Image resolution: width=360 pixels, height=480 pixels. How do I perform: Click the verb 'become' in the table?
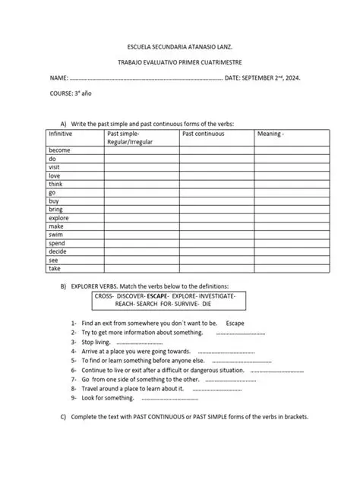pos(59,150)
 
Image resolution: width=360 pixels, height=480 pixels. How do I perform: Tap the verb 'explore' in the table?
pos(58,218)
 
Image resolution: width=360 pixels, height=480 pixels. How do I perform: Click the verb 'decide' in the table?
pos(58,251)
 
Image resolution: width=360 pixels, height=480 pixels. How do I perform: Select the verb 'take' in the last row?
pos(55,268)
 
